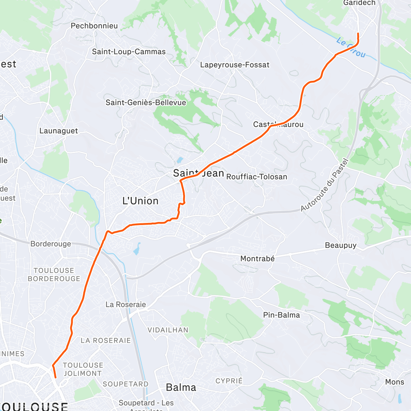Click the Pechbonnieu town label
94,26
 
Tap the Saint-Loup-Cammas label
129,52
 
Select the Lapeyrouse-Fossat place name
235,65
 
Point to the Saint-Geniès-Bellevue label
146,102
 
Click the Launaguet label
59,131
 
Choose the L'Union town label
140,201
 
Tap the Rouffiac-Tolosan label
257,177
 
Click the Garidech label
359,3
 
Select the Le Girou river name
351,48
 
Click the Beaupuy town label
340,245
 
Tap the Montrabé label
257,259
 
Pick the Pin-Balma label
281,315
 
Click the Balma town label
181,387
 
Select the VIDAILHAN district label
168,330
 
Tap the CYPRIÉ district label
229,381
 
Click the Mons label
395,382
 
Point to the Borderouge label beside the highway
51,244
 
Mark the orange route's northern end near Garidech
358,34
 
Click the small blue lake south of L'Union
137,249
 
